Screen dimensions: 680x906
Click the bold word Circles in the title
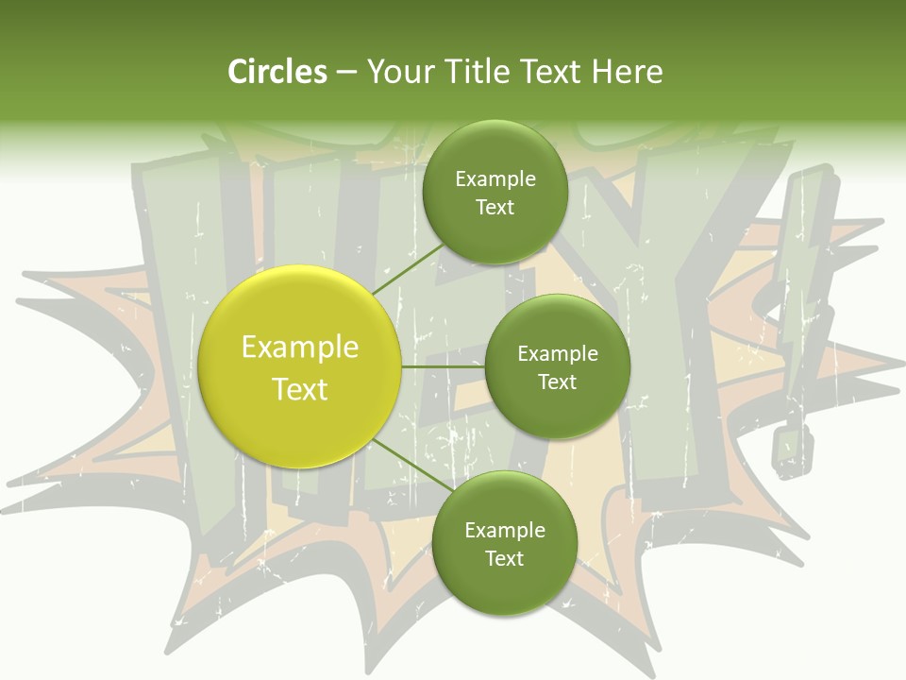pyautogui.click(x=277, y=72)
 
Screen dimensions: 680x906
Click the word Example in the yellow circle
pyautogui.click(x=300, y=347)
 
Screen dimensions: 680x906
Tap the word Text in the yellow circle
pyautogui.click(x=300, y=389)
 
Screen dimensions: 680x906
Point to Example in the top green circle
pyautogui.click(x=495, y=179)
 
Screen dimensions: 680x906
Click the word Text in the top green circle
pyautogui.click(x=495, y=208)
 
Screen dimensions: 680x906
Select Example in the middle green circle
pyautogui.click(x=558, y=354)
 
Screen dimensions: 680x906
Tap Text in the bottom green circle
pyautogui.click(x=504, y=558)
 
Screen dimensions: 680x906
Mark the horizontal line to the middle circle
pyautogui.click(x=444, y=366)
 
